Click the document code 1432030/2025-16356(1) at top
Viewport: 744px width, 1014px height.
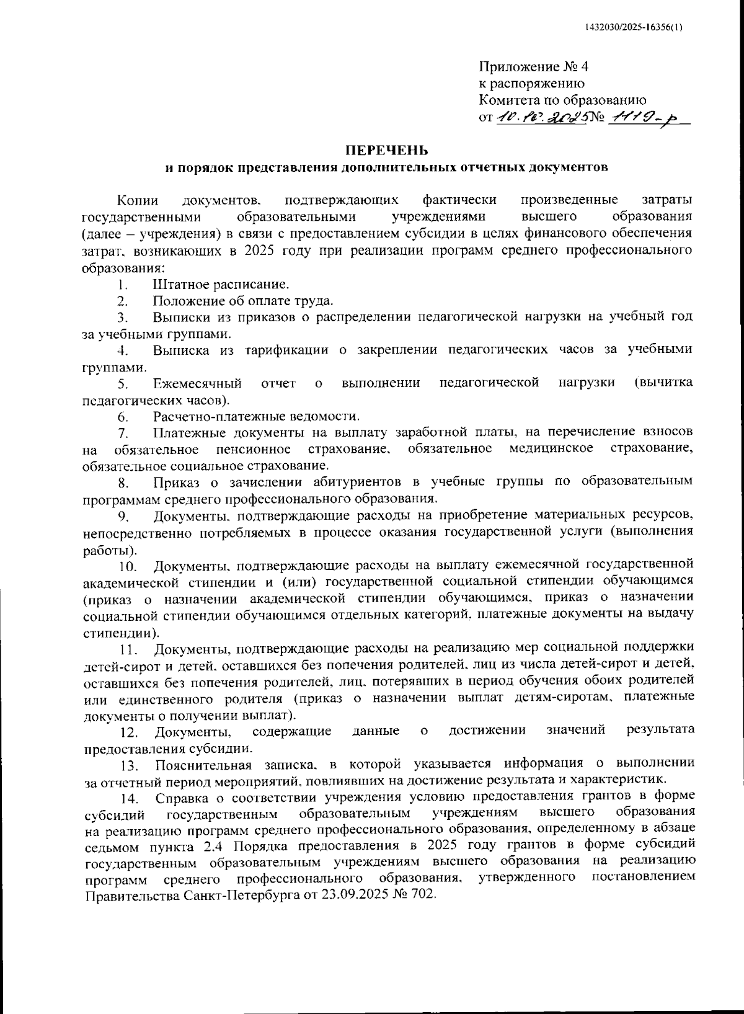634,28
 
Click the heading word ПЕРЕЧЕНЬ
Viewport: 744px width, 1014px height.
386,150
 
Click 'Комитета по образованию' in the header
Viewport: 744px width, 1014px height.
562,100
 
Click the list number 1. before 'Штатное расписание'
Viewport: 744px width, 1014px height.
123,286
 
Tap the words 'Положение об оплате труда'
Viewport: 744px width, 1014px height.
243,301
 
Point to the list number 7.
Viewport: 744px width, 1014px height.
123,432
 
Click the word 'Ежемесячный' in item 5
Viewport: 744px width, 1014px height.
198,383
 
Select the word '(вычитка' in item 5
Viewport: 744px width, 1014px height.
664,383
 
